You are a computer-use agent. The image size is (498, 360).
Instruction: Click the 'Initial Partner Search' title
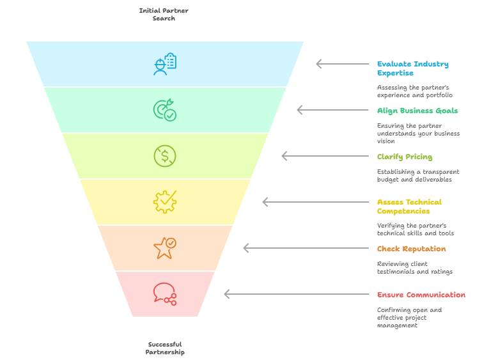point(164,14)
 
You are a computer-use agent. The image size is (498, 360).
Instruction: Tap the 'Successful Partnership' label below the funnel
point(164,348)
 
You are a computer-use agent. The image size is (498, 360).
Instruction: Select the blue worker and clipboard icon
point(164,64)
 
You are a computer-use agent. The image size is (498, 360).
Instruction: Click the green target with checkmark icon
point(164,110)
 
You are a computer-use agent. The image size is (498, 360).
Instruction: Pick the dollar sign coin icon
point(164,156)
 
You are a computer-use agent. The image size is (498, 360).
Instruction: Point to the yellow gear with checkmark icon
point(164,202)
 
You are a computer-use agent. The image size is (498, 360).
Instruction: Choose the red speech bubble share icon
point(164,293)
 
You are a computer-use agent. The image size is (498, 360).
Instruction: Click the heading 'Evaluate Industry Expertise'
point(412,68)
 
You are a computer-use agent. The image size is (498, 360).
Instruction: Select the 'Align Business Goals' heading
point(417,111)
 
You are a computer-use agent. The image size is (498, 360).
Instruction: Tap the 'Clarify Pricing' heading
point(404,157)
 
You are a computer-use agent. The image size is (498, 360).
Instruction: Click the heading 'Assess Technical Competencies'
point(409,207)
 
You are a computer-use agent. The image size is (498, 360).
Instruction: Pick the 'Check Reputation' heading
point(411,249)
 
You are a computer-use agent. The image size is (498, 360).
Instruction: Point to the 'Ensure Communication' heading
point(421,295)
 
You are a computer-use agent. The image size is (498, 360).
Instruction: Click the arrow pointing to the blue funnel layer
point(343,64)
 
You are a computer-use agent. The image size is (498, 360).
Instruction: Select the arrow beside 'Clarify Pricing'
point(325,156)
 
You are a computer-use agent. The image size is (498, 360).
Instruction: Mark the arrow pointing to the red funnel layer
point(297,294)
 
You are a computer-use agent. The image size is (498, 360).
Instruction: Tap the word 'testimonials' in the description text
point(397,272)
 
